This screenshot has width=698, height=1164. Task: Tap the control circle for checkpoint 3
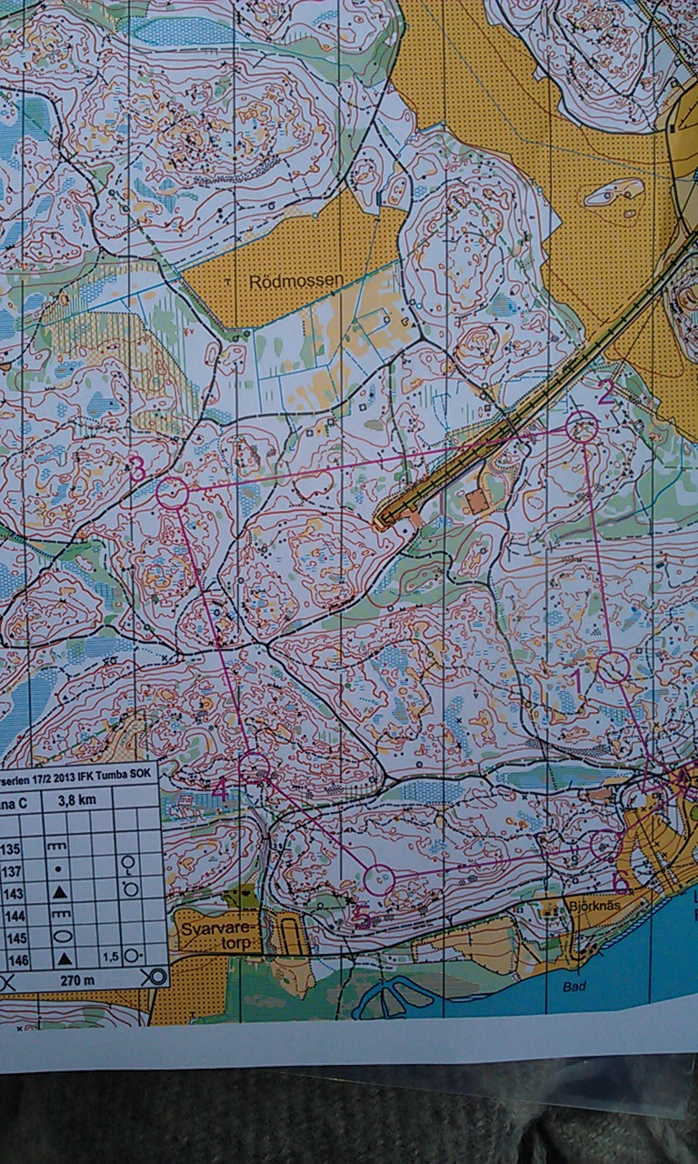click(x=172, y=494)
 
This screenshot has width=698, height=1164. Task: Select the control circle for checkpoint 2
click(x=583, y=426)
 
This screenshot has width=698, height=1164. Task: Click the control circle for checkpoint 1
click(x=613, y=667)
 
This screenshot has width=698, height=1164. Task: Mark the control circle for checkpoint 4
click(x=254, y=767)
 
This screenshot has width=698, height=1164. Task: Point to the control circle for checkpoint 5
click(x=379, y=879)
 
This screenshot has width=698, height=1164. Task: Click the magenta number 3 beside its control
click(x=137, y=469)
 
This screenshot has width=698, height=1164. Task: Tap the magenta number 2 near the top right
click(x=606, y=391)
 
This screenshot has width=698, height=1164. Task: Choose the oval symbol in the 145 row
click(x=59, y=936)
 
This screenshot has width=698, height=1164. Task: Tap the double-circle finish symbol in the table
click(x=155, y=978)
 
